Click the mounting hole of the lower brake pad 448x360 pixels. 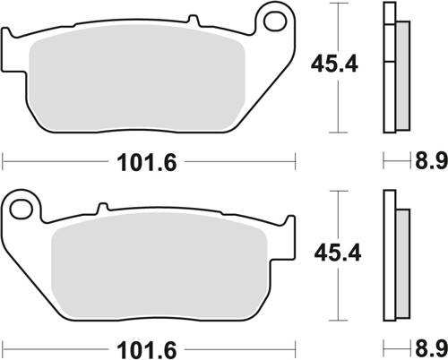point(25,209)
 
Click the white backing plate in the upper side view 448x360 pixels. point(389,67)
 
